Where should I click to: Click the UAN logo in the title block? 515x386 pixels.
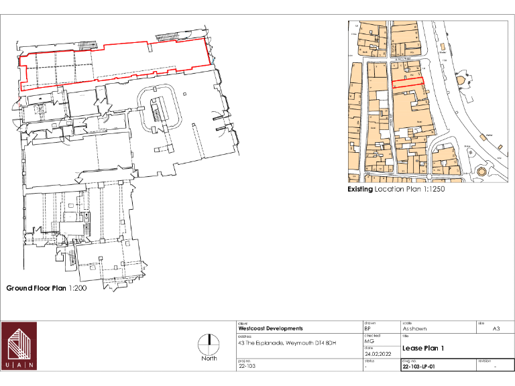(19, 346)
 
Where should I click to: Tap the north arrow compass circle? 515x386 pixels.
(209, 342)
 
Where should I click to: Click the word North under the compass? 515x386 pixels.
(209, 359)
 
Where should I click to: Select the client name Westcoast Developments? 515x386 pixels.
(270, 329)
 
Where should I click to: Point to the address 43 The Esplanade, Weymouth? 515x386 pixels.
(286, 344)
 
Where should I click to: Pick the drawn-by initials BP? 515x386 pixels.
(367, 329)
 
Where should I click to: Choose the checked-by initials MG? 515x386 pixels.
(369, 341)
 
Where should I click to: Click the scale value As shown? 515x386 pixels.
(414, 329)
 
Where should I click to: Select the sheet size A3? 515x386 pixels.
(496, 329)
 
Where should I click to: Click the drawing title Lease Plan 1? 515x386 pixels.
(423, 348)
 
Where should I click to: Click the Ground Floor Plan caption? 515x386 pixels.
(36, 288)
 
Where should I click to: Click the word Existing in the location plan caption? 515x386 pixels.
(360, 189)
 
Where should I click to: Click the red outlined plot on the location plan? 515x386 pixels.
(408, 84)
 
